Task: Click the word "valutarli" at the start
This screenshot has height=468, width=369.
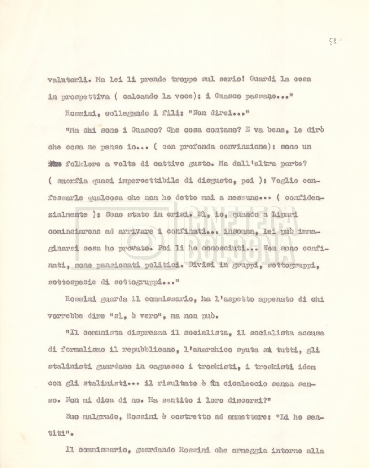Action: pyautogui.click(x=65, y=80)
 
